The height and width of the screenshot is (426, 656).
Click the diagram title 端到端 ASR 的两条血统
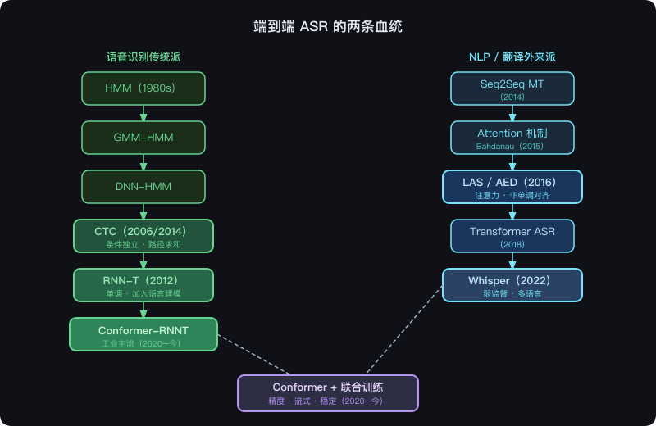[328, 27]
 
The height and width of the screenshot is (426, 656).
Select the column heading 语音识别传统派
[143, 57]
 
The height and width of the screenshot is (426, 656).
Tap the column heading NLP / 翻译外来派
[512, 57]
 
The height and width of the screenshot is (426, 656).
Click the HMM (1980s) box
[143, 88]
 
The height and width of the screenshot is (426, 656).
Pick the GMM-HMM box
[143, 137]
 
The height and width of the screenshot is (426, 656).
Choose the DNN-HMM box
[143, 186]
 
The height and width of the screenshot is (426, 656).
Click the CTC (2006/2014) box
[143, 236]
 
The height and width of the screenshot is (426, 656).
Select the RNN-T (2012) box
[143, 285]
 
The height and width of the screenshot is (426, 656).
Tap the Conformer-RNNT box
[143, 334]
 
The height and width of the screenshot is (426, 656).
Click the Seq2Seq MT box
[512, 88]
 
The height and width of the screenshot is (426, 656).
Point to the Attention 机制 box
[512, 137]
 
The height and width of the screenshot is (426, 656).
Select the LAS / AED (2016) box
[512, 186]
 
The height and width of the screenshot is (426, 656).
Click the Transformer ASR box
[512, 236]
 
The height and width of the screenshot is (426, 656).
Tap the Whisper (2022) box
[512, 285]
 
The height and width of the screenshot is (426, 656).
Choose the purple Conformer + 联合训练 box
[328, 392]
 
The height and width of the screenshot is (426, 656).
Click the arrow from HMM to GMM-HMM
[143, 113]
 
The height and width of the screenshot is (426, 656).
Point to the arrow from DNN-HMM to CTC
[143, 211]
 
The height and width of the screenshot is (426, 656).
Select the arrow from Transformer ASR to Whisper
[512, 261]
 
